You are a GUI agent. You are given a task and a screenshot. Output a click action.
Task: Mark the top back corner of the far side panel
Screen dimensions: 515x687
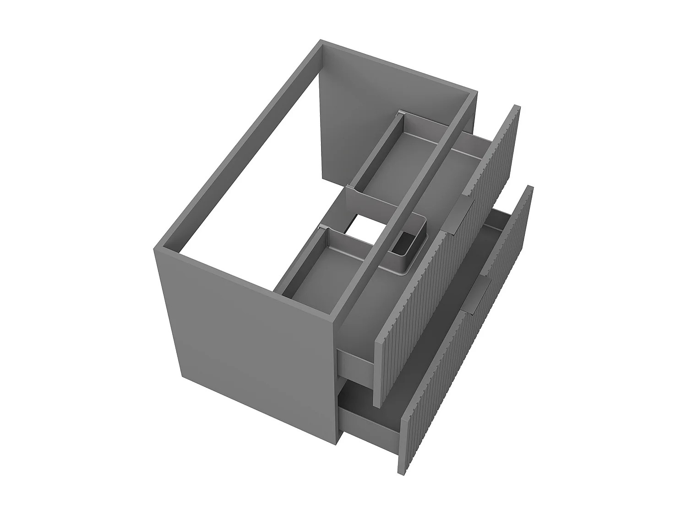[323, 43]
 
